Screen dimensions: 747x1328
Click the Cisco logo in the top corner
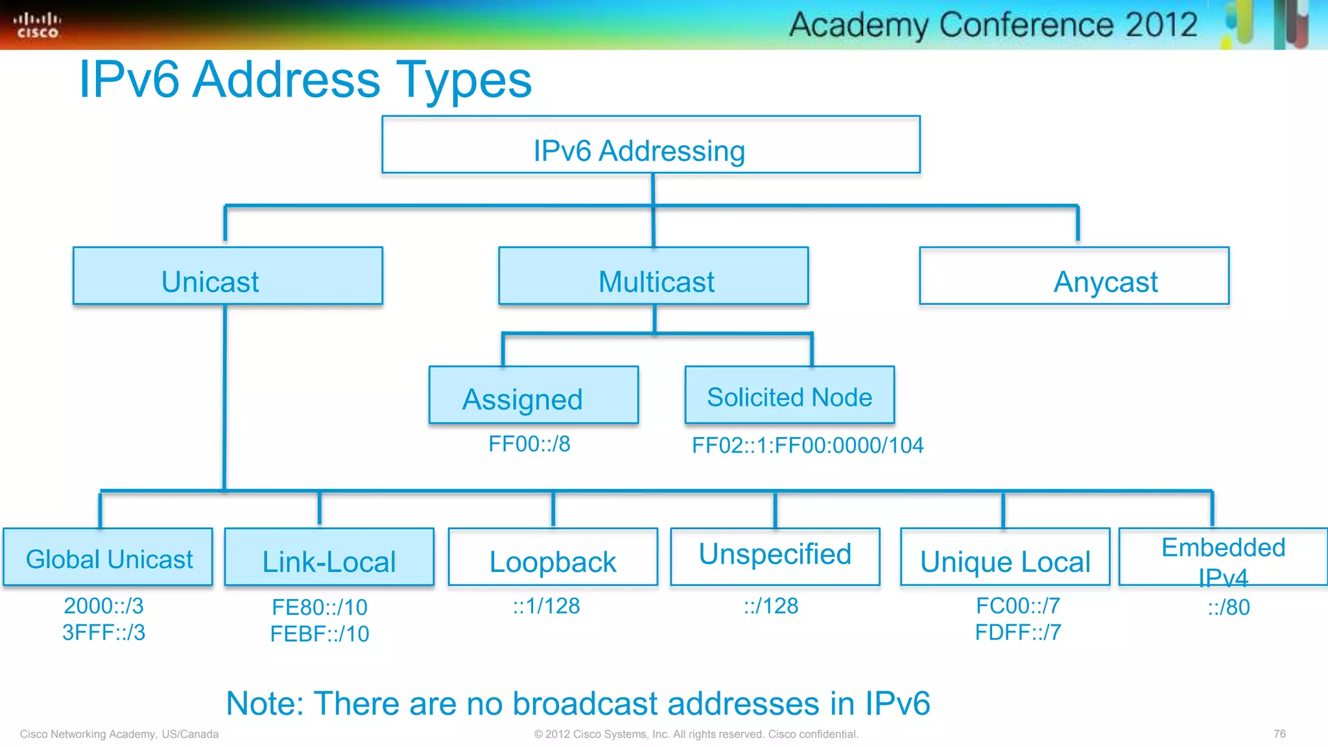coord(38,25)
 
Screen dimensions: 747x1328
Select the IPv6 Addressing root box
coord(650,145)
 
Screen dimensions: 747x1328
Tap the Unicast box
coord(228,276)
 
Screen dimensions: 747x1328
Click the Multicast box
coord(653,276)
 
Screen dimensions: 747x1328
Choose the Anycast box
coord(1074,276)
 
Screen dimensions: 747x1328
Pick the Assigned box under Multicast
coord(533,396)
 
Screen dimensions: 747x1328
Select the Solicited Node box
coord(789,396)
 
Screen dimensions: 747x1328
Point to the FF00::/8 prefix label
coord(529,444)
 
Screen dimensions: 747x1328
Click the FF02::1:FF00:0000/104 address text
coord(807,445)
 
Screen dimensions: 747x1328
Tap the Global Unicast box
coord(108,558)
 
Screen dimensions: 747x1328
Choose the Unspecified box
coord(775,556)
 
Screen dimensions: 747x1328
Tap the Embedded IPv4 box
coord(1223,558)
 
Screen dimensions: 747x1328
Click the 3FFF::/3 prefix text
coord(104,632)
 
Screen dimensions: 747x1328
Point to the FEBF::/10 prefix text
coord(320,634)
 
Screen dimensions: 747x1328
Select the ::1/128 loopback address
coord(546,606)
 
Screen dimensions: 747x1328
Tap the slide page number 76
coord(1279,734)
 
